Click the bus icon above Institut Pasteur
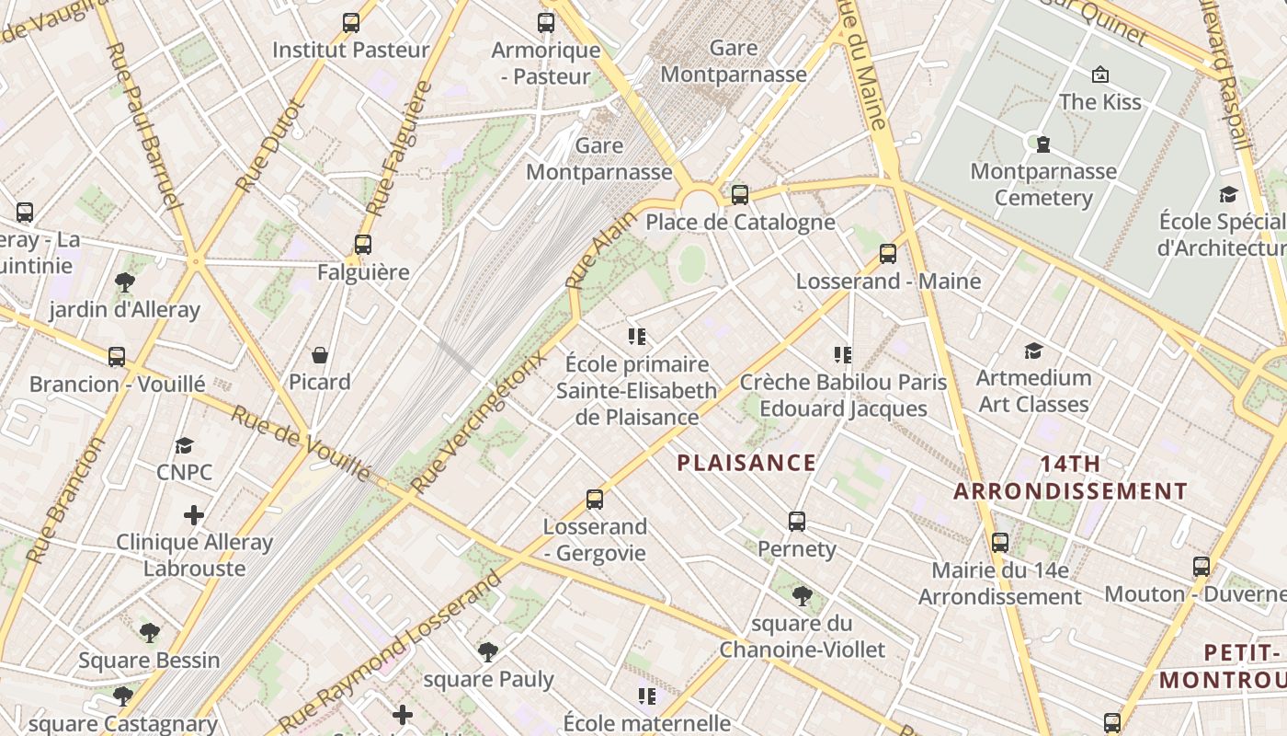(x=350, y=23)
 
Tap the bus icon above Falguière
(x=363, y=245)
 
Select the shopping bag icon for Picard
(x=320, y=355)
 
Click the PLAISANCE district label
(x=746, y=463)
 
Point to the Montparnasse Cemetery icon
(x=1043, y=144)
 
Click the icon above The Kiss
(x=1099, y=75)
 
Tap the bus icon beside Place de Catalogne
(x=740, y=195)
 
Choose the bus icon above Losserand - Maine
(x=888, y=254)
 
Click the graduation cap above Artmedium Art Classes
(x=1033, y=351)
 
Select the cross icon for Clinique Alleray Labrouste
(x=194, y=514)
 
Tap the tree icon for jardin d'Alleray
(x=125, y=282)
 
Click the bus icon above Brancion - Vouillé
(x=117, y=357)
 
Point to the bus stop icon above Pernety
(x=797, y=522)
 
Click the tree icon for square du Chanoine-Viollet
(x=802, y=596)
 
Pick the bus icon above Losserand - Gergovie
(x=595, y=500)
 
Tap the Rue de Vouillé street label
(x=300, y=443)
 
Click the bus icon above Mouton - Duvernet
(x=1202, y=567)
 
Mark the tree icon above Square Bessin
(x=150, y=633)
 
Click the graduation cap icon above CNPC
(x=185, y=445)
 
